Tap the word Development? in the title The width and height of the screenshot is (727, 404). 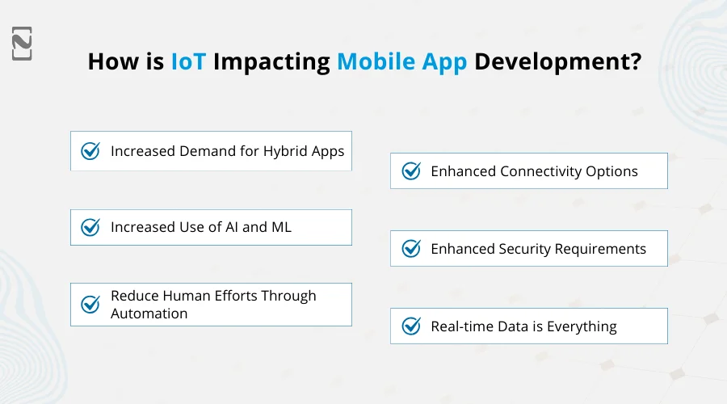point(557,62)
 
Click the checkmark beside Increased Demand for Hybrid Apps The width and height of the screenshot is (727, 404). point(90,151)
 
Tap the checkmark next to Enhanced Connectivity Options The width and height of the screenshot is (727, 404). point(411,171)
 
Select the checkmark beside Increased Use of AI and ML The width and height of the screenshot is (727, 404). point(90,228)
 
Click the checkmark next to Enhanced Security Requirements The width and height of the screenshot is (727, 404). point(411,249)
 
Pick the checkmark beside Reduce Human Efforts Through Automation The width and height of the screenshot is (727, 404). point(90,305)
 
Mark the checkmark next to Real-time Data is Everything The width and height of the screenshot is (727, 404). point(411,326)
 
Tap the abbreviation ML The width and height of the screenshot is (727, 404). point(281,227)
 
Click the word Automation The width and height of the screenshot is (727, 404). point(149,314)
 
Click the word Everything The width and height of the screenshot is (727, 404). point(582,326)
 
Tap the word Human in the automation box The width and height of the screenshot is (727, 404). point(182,297)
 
